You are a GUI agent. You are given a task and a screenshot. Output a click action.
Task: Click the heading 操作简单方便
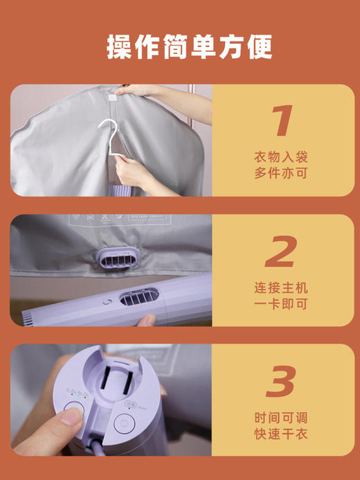tap(180, 46)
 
